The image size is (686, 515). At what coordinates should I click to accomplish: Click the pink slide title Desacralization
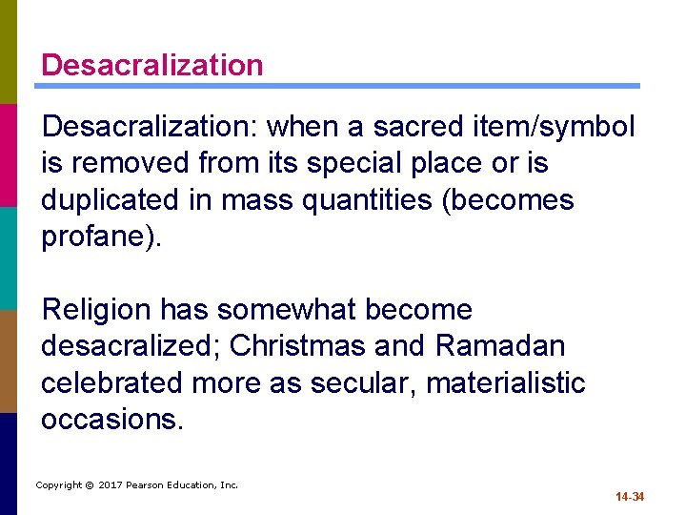152,65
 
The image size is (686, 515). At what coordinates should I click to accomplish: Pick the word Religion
96,309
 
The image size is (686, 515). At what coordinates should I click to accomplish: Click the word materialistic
506,382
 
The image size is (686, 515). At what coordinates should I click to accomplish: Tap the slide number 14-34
630,497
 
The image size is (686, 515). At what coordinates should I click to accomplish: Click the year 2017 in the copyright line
111,485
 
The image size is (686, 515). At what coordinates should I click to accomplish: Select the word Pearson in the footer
148,485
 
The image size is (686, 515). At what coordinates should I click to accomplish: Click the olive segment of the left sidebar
9,51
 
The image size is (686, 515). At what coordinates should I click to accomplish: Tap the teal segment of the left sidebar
9,257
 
